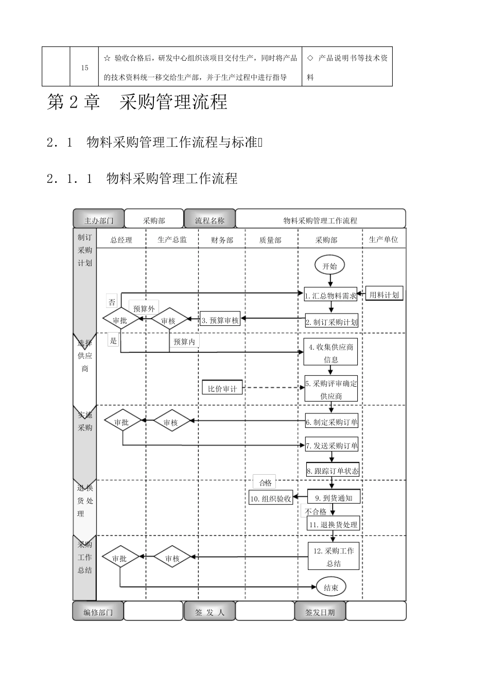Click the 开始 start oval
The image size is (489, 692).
coord(329,266)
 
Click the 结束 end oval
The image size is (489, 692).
coord(331,587)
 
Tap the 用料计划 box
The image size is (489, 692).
coord(384,295)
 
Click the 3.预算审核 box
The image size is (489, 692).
coord(220,320)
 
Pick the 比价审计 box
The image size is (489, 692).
coord(222,389)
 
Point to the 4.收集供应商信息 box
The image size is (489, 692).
coord(331,353)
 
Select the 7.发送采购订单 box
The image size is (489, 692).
coord(332,445)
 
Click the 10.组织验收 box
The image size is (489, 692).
coord(271,498)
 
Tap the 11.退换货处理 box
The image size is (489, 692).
coord(333,525)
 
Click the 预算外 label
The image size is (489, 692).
coord(144,308)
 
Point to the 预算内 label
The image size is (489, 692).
coord(184,341)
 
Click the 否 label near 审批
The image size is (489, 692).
coord(112,302)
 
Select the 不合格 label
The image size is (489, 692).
coord(316,512)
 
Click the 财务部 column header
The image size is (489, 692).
coord(222,240)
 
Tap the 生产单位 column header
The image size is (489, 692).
coord(383,239)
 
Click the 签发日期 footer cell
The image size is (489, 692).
coord(320,612)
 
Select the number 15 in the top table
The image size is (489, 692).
coord(84,67)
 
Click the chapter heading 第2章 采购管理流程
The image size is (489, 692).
coord(137,102)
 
